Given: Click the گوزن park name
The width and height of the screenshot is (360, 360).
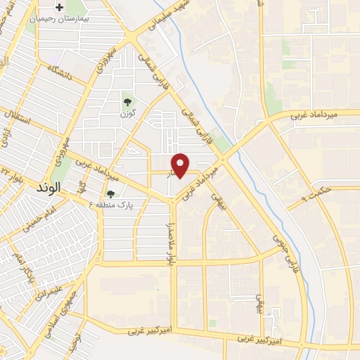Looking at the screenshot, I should pyautogui.click(x=127, y=112).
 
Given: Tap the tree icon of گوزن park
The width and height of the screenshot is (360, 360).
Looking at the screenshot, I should pyautogui.click(x=127, y=102).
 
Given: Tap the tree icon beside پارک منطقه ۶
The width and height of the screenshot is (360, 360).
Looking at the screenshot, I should pyautogui.click(x=110, y=193).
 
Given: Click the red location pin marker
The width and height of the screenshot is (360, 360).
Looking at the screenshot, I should pyautogui.click(x=181, y=165).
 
